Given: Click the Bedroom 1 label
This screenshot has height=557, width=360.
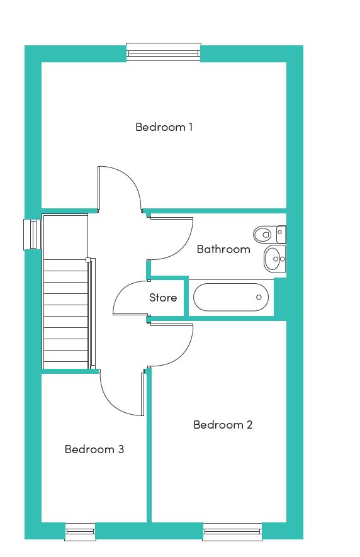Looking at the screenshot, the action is click(x=164, y=127).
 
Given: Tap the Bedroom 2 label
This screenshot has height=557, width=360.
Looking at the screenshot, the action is click(x=223, y=424).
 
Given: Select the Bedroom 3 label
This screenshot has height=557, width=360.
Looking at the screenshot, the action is click(x=94, y=449).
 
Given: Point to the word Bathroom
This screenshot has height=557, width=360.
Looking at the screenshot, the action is click(x=223, y=249).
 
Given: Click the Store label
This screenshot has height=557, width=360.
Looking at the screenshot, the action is click(x=163, y=297).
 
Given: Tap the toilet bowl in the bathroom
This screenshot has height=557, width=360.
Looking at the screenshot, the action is click(x=262, y=235).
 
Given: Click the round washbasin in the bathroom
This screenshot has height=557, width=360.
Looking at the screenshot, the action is click(x=274, y=259).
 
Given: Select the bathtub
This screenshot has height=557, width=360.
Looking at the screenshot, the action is click(x=231, y=297).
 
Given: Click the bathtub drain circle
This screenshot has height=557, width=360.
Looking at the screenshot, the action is click(x=259, y=297).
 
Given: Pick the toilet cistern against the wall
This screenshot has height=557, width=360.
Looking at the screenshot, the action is click(x=281, y=235).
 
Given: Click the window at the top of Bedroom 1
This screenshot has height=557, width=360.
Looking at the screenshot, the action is click(x=164, y=52).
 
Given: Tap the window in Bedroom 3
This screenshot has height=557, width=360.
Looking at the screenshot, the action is click(x=81, y=531).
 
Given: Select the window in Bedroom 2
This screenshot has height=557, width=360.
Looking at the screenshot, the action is click(x=232, y=531).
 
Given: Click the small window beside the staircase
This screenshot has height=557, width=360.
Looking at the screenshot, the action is click(x=32, y=235).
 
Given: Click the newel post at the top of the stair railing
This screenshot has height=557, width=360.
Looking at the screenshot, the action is click(x=87, y=260).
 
